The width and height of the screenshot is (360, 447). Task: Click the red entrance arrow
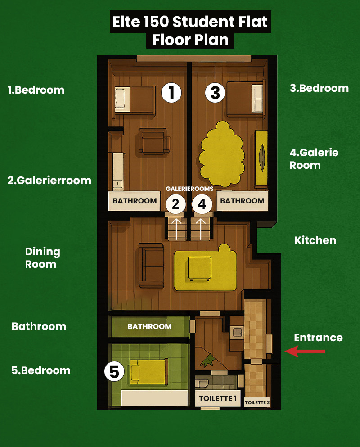coord(305,351)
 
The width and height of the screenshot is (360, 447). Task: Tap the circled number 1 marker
coord(171,93)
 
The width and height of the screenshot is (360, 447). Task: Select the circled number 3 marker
coord(215,93)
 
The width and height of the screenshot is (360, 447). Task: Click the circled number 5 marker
coord(114,371)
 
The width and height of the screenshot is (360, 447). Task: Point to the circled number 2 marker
coord(175,204)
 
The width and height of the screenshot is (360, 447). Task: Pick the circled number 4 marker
coord(202,204)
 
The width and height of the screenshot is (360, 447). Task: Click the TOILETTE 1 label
coord(218,398)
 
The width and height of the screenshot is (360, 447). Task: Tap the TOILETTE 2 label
coord(257,402)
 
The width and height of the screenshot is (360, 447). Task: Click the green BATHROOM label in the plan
coord(150,326)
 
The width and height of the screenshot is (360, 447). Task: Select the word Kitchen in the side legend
coord(315,240)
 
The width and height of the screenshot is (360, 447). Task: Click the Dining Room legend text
coord(42,257)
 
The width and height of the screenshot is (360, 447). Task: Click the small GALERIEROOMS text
coord(189,189)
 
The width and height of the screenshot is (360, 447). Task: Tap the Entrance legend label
coord(319,338)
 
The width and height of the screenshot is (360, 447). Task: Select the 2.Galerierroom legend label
coord(49,180)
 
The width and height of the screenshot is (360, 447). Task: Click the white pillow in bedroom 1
coord(122,99)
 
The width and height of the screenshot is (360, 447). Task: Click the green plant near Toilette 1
coord(208,360)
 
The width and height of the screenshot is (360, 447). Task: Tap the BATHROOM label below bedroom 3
coord(242,201)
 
